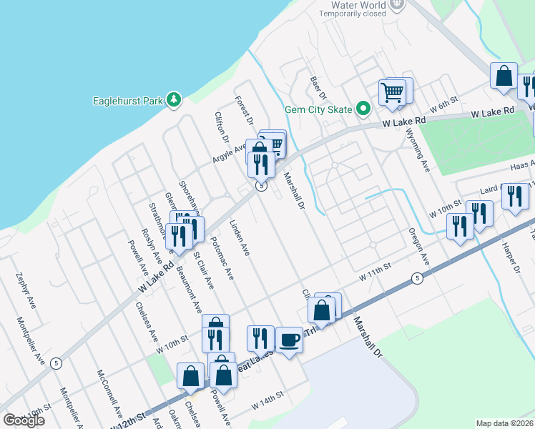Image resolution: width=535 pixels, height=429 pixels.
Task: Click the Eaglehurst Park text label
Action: coord(128,101)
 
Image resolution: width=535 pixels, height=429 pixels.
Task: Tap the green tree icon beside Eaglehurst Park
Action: coord(172,100)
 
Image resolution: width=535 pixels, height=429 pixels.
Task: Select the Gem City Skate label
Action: coord(318,109)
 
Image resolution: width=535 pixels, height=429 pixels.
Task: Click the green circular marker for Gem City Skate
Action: coord(363,109)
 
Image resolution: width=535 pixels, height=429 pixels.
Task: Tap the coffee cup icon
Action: coord(289,340)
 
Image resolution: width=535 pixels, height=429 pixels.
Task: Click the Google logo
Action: coord(24,420)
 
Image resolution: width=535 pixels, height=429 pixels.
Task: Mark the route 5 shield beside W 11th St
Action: coord(417,278)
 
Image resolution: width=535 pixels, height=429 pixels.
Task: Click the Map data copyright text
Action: coord(505,423)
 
